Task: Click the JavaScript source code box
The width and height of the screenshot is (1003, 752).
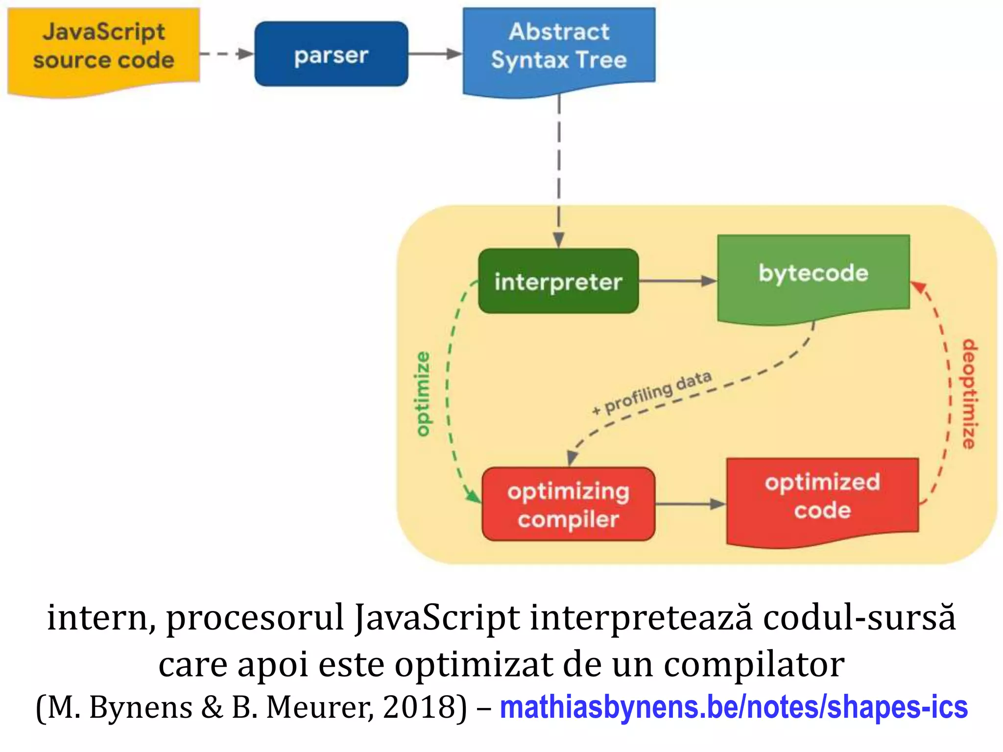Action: [103, 47]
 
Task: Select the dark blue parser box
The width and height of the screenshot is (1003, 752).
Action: [331, 54]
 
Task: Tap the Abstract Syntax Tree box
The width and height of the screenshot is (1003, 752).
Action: [559, 47]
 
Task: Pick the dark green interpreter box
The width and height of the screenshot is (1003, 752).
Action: [558, 282]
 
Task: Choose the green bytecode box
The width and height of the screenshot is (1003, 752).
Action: [813, 274]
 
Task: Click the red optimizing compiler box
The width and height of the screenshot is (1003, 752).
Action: [568, 504]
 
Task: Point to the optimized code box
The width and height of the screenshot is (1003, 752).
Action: [822, 497]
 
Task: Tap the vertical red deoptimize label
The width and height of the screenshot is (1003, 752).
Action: [969, 394]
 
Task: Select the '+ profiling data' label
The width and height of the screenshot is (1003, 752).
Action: [651, 392]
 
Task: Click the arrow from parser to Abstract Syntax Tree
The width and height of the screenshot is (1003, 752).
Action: [435, 54]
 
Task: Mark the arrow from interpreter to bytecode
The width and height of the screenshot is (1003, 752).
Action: [677, 281]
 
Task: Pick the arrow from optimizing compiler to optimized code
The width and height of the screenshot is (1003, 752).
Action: [690, 504]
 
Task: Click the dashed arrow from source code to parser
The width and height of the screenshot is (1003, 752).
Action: [226, 54]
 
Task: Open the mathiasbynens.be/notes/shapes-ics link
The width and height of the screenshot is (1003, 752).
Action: [733, 707]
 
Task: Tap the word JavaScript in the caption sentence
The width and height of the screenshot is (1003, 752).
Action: [437, 618]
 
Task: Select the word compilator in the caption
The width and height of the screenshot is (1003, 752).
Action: [754, 664]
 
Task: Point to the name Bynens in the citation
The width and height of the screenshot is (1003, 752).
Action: [141, 707]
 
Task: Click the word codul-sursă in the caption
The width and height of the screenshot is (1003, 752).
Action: [859, 618]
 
